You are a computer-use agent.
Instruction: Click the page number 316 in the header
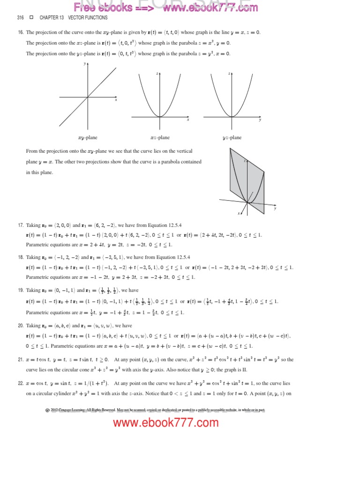pos(20,18)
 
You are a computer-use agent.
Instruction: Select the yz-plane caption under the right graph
pos(232,138)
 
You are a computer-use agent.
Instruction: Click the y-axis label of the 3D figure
pos(275,209)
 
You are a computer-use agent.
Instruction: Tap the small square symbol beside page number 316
pos(31,18)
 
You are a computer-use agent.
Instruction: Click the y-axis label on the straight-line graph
pos(85,63)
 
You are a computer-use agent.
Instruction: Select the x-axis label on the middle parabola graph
pos(188,120)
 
